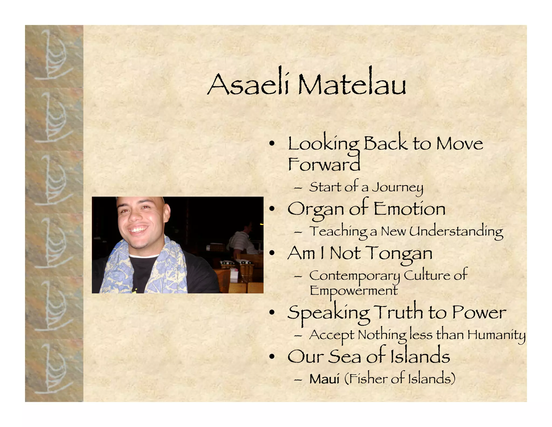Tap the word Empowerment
353,291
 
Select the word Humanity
496,335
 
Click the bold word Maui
324,379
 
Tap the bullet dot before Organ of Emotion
272,209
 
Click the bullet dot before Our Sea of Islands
272,357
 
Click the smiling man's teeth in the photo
138,230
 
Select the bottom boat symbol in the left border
54,370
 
